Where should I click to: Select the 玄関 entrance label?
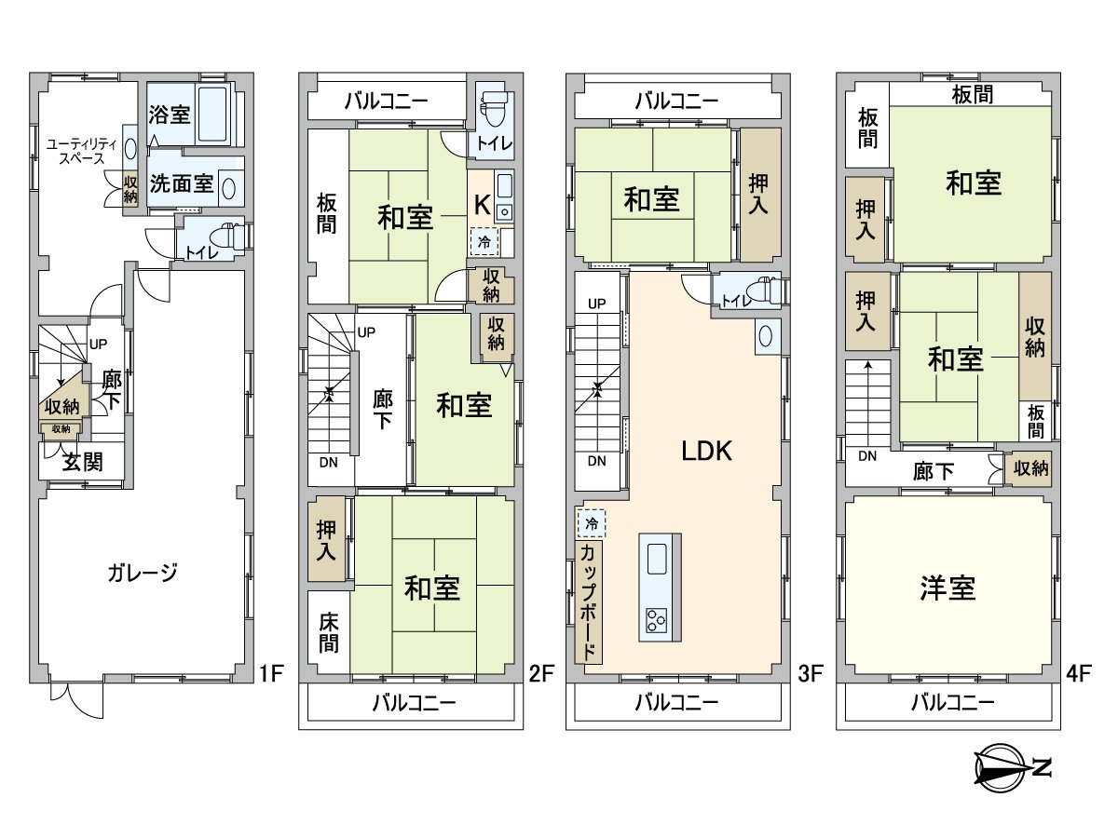82,462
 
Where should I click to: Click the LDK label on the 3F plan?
706,452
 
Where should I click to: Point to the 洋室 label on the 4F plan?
948,588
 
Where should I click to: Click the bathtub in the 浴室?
216,115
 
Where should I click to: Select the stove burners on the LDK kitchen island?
657,618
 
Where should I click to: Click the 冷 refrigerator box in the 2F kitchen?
484,241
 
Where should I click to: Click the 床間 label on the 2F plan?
328,631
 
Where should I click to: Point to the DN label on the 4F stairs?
866,456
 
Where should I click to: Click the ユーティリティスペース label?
82,151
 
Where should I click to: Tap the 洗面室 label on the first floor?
182,183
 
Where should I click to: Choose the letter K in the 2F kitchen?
483,204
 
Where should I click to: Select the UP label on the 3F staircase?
596,304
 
